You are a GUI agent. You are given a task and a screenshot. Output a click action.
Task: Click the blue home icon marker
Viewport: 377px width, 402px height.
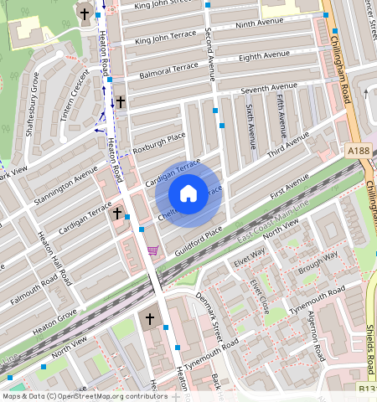coord(188,193)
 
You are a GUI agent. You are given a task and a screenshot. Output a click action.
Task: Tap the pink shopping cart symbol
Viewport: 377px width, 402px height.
coord(152,250)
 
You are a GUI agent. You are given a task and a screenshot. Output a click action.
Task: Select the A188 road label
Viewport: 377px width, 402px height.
coord(358,151)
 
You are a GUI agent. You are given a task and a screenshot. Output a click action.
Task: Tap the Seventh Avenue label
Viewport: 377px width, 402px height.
coord(269,88)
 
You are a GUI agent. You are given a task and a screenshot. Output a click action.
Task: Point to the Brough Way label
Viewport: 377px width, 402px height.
coord(318,260)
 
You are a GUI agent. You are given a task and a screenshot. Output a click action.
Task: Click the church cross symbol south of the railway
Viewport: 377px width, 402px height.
coord(150,319)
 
